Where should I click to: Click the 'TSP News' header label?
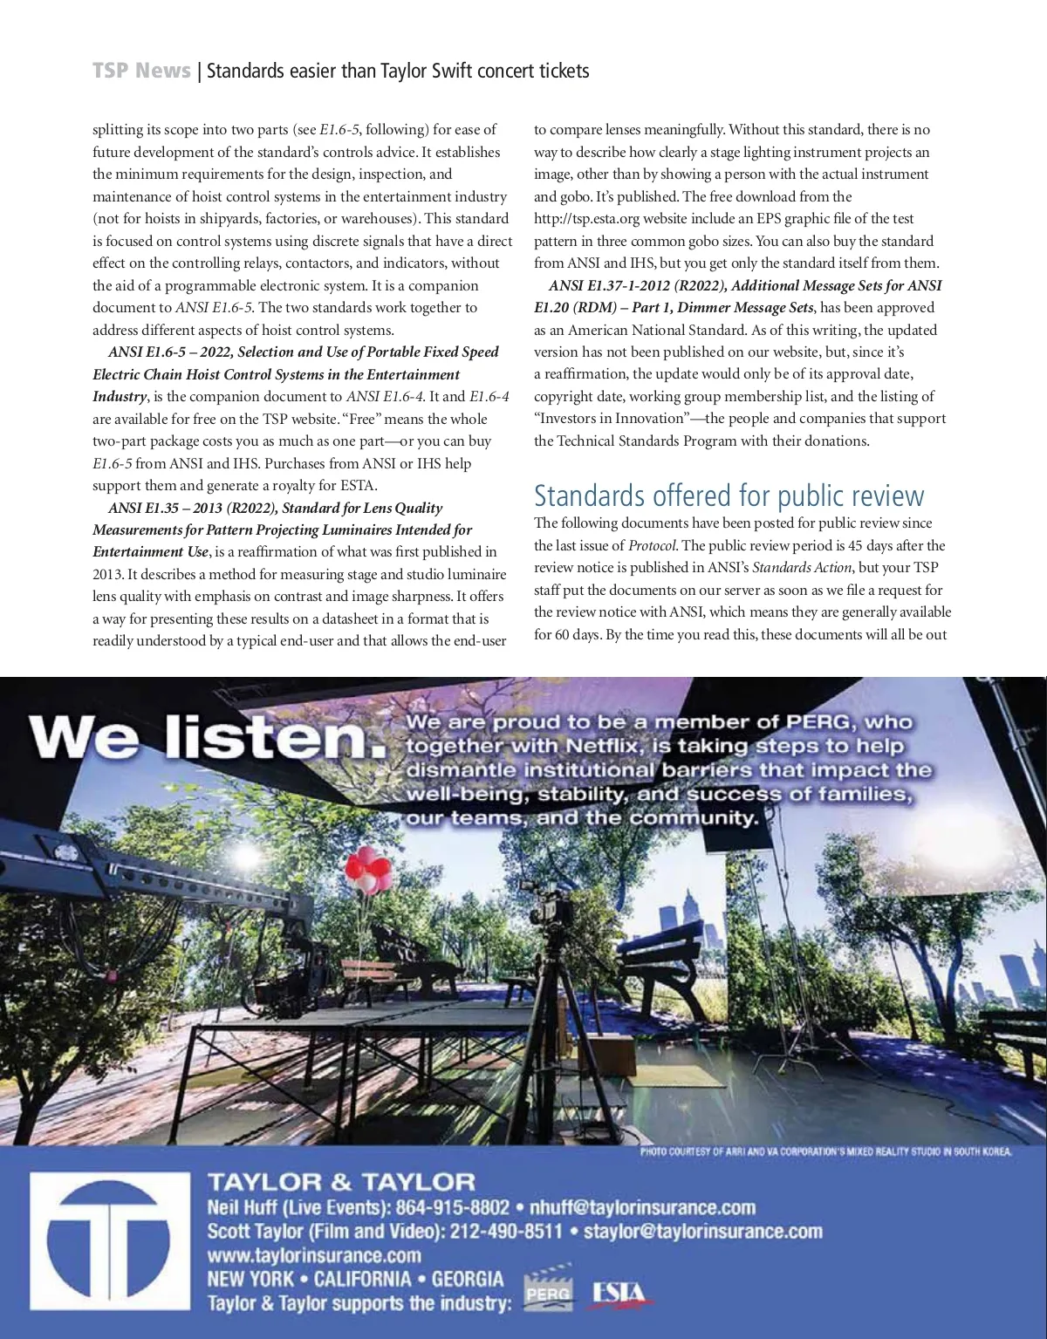coord(141,71)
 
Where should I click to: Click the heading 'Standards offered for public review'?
coord(729,495)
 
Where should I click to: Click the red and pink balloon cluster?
coord(367,867)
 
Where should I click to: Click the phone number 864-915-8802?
coord(453,1208)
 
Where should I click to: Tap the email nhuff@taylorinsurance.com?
coord(642,1208)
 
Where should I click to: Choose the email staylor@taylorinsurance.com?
coord(702,1232)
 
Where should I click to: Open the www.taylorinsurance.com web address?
coord(314,1256)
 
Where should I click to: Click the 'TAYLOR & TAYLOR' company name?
coord(341,1183)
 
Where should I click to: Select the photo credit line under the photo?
coord(825,1151)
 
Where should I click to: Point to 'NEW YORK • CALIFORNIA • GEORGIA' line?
coord(355,1280)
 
